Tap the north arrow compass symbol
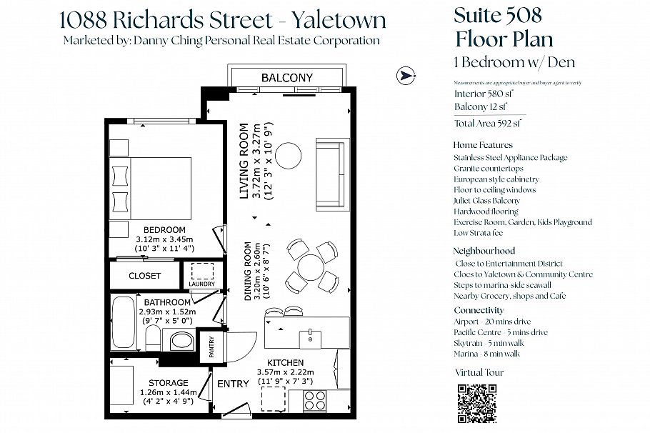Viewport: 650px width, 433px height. [x=406, y=74]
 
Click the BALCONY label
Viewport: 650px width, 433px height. [x=287, y=77]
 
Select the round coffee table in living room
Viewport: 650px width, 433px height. [x=290, y=155]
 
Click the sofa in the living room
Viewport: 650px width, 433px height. [x=329, y=172]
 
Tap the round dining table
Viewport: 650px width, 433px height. [x=311, y=268]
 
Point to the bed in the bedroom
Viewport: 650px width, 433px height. [x=159, y=188]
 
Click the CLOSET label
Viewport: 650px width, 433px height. [x=145, y=276]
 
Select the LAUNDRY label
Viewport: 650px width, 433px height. [x=201, y=284]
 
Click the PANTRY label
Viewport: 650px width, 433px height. [x=211, y=346]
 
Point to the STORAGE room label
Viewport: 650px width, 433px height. [x=169, y=383]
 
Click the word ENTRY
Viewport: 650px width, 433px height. [x=233, y=384]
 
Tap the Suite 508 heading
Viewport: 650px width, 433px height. [x=498, y=14]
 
